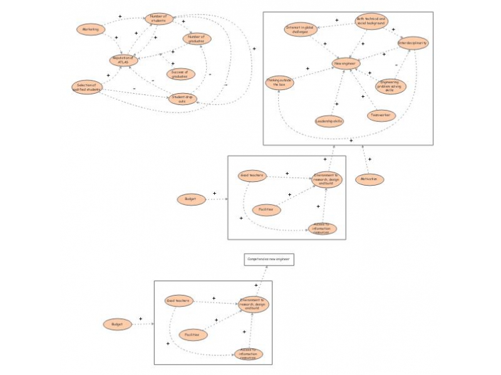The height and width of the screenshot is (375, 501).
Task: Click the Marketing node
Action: tap(90, 29)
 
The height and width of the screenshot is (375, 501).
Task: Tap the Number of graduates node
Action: tap(197, 39)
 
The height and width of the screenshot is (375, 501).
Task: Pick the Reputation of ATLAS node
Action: tap(123, 60)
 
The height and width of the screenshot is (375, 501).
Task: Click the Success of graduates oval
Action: tap(180, 74)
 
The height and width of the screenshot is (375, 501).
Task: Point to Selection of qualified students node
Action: tap(87, 87)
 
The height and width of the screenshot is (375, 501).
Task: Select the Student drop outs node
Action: tap(185, 99)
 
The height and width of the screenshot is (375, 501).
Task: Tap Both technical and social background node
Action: tap(372, 22)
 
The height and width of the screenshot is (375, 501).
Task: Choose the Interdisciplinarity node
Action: tap(413, 42)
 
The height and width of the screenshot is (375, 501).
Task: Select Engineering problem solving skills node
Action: tap(390, 86)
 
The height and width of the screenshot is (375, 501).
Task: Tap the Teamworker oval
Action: tap(381, 115)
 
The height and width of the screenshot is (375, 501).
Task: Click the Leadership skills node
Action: tap(328, 121)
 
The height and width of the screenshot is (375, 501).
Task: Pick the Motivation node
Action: tap(369, 179)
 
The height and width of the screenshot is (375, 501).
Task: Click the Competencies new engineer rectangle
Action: tap(269, 259)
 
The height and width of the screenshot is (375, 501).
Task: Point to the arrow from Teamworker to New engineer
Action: tap(364, 91)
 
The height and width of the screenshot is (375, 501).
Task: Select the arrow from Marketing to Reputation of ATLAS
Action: tap(111, 45)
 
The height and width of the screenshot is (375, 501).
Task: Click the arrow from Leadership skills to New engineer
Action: tap(337, 92)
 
